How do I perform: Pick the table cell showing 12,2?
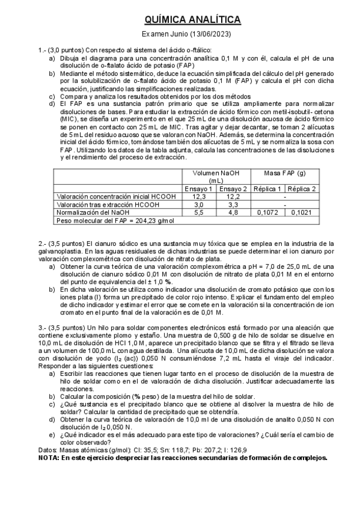[231, 196]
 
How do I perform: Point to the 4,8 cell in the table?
[231, 212]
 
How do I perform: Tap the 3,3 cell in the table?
[231, 204]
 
